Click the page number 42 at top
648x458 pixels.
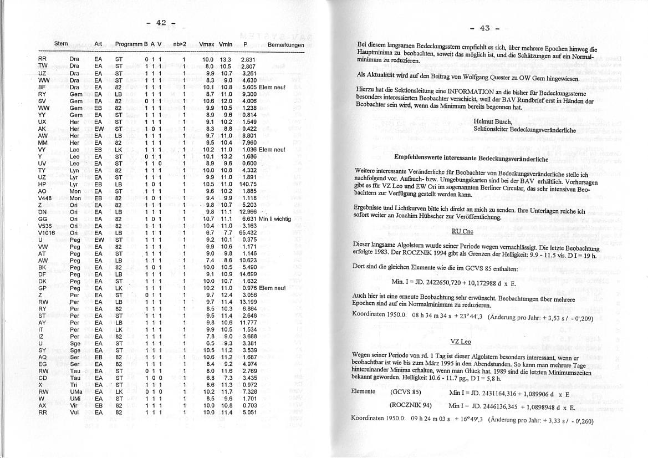(x=161, y=23)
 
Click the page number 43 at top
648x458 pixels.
(x=484, y=28)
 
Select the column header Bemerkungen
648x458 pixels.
(x=285, y=44)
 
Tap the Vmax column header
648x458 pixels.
(x=206, y=44)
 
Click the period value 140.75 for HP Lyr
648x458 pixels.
(x=247, y=184)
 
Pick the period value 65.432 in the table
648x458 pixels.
(x=247, y=233)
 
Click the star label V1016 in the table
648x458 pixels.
(x=46, y=233)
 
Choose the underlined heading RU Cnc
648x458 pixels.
(x=462, y=231)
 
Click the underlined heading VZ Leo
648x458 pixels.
(x=461, y=343)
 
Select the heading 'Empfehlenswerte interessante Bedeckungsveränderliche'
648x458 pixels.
(x=471, y=158)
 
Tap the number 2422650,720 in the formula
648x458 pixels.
(x=441, y=283)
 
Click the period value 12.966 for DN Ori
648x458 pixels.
(x=247, y=212)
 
